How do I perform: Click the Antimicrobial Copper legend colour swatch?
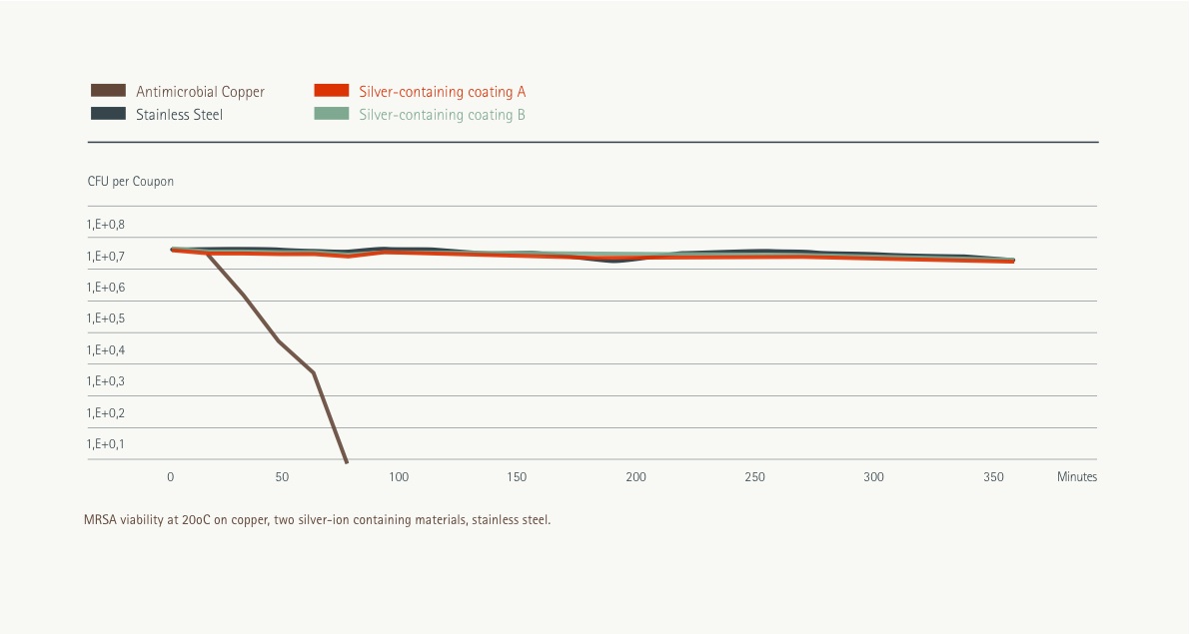tap(108, 91)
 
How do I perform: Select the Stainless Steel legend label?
tap(179, 115)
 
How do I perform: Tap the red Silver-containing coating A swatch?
tap(331, 91)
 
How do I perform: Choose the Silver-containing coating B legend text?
tap(442, 115)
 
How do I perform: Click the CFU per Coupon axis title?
tap(131, 182)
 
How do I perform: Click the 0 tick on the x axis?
tap(171, 477)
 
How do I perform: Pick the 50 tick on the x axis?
tap(282, 477)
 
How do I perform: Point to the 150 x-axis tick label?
tap(517, 477)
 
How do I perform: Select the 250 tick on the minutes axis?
tap(755, 477)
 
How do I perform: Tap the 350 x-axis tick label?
tap(993, 477)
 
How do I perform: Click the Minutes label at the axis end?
tap(1077, 477)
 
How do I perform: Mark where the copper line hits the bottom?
tap(347, 461)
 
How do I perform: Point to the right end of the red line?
tap(1013, 262)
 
